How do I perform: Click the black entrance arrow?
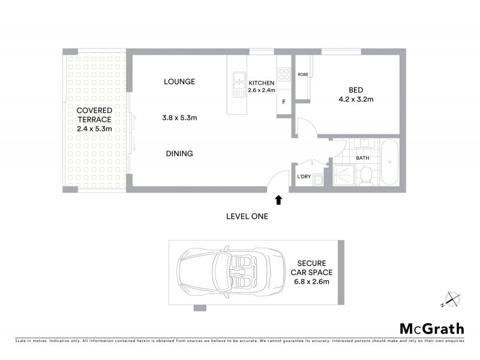click(278, 199)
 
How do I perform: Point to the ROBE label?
click(303, 74)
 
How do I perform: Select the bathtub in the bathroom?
click(390, 163)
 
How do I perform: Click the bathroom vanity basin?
click(363, 144)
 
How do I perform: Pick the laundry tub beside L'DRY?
click(319, 178)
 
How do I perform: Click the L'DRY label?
click(304, 177)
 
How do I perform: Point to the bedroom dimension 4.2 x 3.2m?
click(356, 100)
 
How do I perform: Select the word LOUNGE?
click(179, 82)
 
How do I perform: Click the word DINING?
click(179, 154)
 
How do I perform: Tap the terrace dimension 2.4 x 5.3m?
click(94, 129)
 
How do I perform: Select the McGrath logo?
click(432, 328)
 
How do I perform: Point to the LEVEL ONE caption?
click(247, 216)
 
